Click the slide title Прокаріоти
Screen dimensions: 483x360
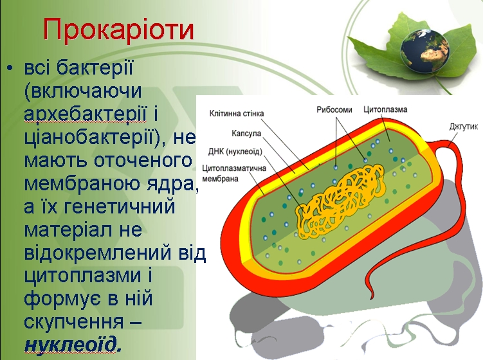tap(118, 30)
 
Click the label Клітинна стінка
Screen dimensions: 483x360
tap(237, 114)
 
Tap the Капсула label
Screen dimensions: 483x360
tap(246, 134)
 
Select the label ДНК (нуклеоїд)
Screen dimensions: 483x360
tap(235, 152)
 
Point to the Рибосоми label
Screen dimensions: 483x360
tap(334, 110)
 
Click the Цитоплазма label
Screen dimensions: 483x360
tap(385, 110)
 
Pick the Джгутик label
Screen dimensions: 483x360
tap(464, 127)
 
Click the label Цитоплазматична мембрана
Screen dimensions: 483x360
tap(234, 174)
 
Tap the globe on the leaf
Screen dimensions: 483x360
tap(424, 51)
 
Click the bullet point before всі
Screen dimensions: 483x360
tap(10, 67)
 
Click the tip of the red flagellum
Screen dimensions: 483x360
tap(372, 298)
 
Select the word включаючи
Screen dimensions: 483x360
tap(82, 91)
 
